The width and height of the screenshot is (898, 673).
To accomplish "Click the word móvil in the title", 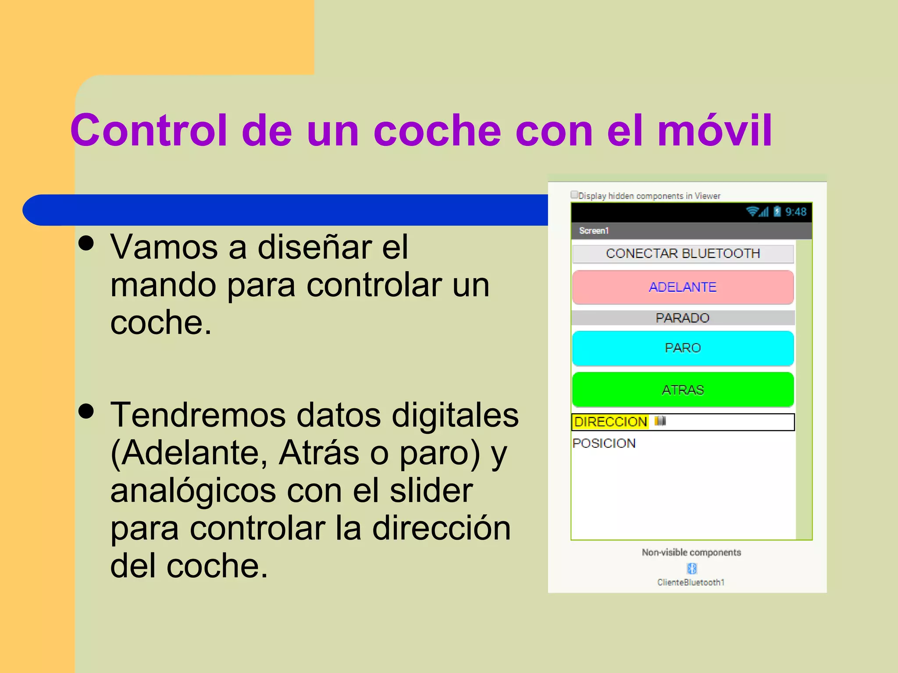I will click(715, 131).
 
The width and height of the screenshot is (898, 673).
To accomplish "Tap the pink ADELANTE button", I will click(683, 287).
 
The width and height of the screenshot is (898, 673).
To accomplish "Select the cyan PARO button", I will click(683, 348).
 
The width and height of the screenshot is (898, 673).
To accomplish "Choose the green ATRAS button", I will click(683, 390).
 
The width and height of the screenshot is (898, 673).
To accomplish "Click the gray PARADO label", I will click(683, 318).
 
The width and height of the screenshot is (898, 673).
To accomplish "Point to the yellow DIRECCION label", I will click(610, 422).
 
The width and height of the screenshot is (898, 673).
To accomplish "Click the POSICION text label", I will click(604, 443).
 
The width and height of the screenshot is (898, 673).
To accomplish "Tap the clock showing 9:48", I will click(796, 212).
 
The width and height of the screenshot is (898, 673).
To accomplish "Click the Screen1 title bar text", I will click(594, 231).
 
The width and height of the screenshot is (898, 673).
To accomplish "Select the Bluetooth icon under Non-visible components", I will click(691, 568).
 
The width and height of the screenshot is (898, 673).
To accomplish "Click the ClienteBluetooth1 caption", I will click(691, 582).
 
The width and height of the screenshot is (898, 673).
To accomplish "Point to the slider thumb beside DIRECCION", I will click(660, 421).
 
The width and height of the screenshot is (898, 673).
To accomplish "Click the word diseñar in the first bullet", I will click(314, 248).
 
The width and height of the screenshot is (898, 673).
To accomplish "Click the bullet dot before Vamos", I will click(87, 243).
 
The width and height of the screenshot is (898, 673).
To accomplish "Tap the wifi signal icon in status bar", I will click(752, 212).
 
